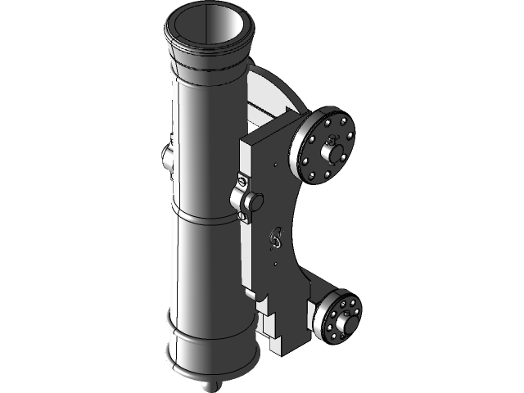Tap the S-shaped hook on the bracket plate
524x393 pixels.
(x=276, y=238)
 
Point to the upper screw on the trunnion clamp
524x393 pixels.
(x=242, y=179)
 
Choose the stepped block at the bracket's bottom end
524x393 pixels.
(x=282, y=327)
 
